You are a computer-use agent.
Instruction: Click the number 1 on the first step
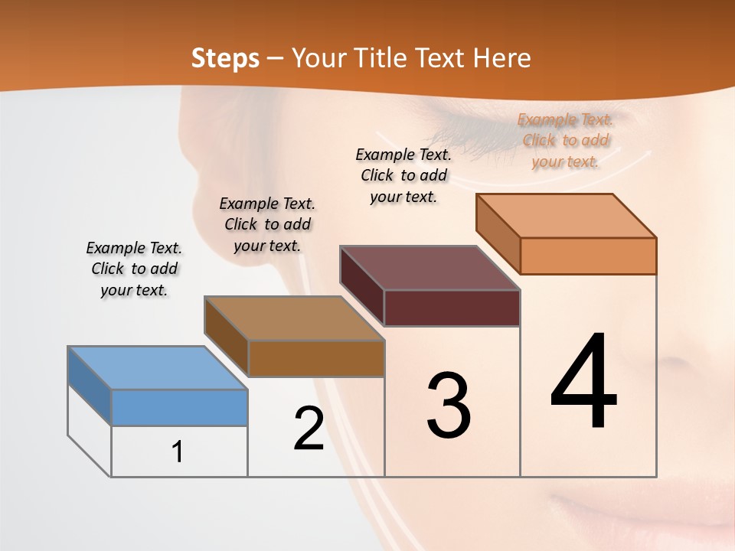point(178,452)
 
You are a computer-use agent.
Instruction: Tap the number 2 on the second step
point(309,429)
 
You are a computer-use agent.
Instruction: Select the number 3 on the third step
point(448,406)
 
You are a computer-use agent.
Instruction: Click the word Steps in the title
point(225,58)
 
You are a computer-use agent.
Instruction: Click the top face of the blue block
point(157,368)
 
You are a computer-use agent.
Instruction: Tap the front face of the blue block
point(179,407)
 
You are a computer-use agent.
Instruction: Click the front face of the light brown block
point(315,358)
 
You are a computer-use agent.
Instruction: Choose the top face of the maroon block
point(430,268)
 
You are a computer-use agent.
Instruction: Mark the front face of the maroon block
point(452,308)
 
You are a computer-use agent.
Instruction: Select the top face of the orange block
point(566,216)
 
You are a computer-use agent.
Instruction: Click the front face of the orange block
point(588,256)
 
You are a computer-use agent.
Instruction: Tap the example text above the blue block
point(134,269)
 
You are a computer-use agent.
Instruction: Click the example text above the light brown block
point(267,224)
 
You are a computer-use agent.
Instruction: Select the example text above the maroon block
point(403,175)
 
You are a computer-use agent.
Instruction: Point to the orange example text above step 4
point(566,140)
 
